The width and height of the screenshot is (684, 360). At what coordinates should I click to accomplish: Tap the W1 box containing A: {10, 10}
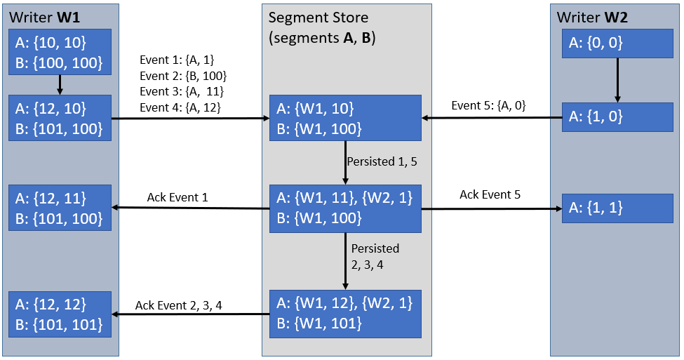60,53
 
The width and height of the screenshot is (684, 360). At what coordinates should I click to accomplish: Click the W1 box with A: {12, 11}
60,208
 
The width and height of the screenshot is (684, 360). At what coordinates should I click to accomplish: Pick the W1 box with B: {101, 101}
60,314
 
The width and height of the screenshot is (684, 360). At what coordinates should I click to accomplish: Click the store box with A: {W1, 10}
345,118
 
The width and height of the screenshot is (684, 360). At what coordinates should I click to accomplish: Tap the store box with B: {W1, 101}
345,313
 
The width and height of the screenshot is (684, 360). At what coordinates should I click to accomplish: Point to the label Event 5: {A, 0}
488,106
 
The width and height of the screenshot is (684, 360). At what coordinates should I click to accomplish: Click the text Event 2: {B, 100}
183,75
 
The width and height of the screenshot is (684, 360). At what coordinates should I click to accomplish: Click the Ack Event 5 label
490,194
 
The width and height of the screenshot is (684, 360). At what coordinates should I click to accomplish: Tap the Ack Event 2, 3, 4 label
184,306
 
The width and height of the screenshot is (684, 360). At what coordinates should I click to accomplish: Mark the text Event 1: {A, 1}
178,60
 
